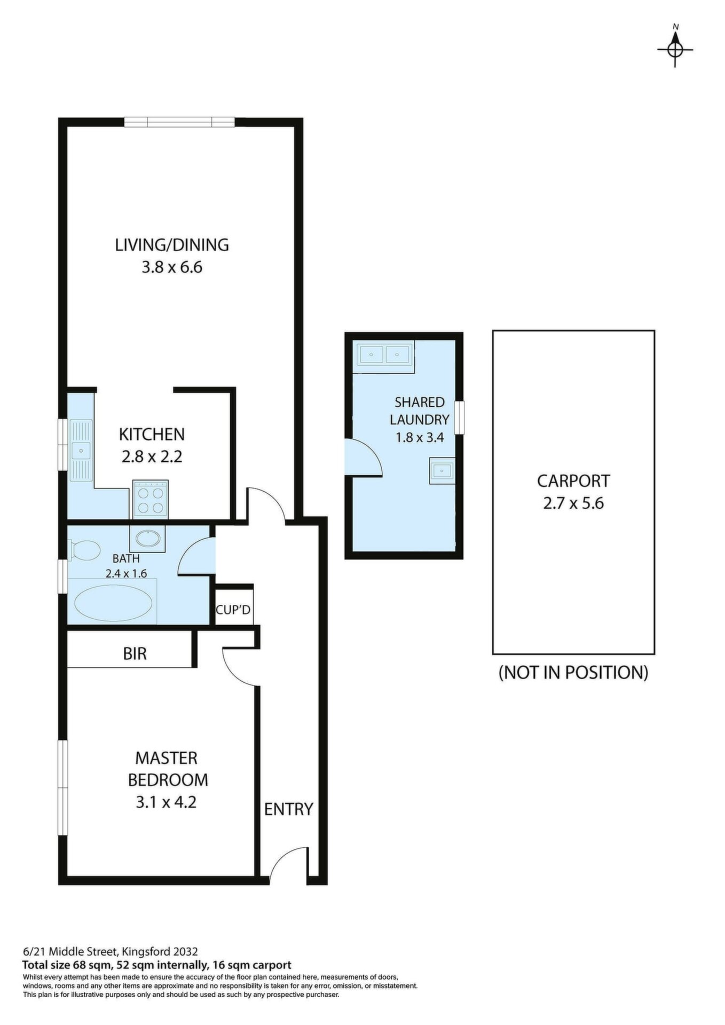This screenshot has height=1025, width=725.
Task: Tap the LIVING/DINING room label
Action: point(172,245)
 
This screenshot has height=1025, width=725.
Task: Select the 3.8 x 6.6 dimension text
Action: point(172,267)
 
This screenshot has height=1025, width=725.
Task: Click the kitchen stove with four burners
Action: point(151,499)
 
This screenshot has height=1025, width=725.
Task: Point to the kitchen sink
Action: point(81,451)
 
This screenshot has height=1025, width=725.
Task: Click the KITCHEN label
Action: point(152,434)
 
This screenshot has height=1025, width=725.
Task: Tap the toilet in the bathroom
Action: point(84,551)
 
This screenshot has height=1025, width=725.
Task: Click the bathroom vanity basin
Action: point(147,539)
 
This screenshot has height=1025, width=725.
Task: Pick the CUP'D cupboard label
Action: point(233,610)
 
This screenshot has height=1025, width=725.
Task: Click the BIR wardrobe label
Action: point(135,653)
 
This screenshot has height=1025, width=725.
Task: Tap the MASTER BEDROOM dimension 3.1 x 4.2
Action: point(166,802)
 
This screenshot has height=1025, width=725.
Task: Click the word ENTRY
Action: point(288,809)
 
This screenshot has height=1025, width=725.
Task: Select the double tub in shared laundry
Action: point(384,354)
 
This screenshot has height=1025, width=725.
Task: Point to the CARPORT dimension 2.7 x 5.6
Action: point(573,503)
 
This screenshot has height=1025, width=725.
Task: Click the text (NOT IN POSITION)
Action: point(573,672)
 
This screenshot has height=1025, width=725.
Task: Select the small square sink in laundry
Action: point(442,470)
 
